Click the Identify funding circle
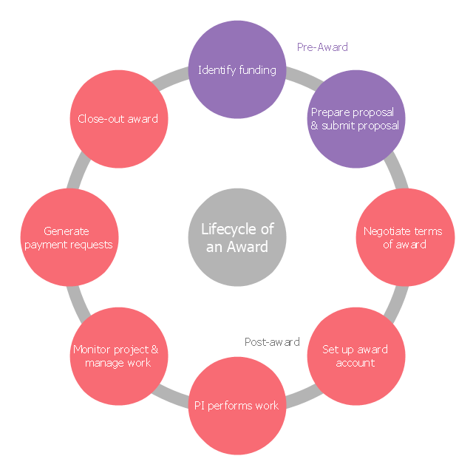click(x=236, y=70)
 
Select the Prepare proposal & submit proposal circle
click(x=355, y=119)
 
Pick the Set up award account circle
click(x=355, y=355)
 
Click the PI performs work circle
click(x=236, y=405)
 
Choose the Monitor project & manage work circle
click(x=118, y=355)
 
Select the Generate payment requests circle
click(x=69, y=237)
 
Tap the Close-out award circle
click(x=118, y=119)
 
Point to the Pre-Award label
click(x=322, y=47)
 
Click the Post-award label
click(x=272, y=342)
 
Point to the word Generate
click(x=67, y=231)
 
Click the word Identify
click(x=216, y=70)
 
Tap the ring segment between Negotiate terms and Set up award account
click(x=398, y=297)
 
